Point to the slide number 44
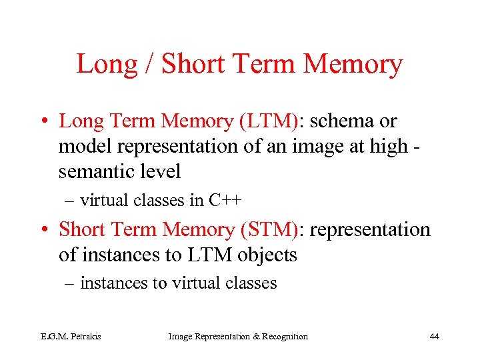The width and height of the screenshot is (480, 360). pyautogui.click(x=434, y=337)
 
